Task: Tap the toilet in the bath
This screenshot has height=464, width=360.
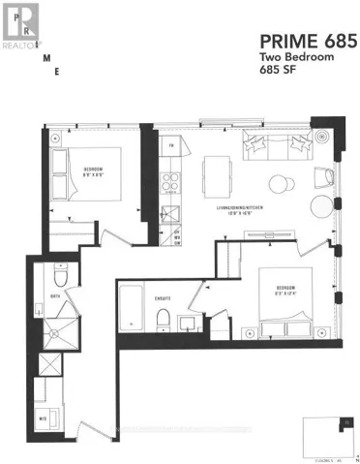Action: pyautogui.click(x=60, y=274)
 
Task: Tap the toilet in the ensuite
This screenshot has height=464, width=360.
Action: pyautogui.click(x=165, y=321)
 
